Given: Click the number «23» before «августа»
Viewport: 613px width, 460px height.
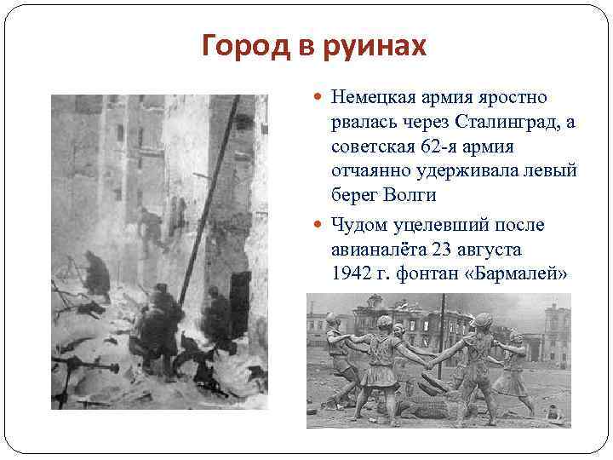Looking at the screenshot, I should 441,250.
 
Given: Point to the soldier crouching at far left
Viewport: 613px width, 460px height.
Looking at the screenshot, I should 96,277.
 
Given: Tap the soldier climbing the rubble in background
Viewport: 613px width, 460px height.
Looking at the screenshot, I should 151,228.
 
